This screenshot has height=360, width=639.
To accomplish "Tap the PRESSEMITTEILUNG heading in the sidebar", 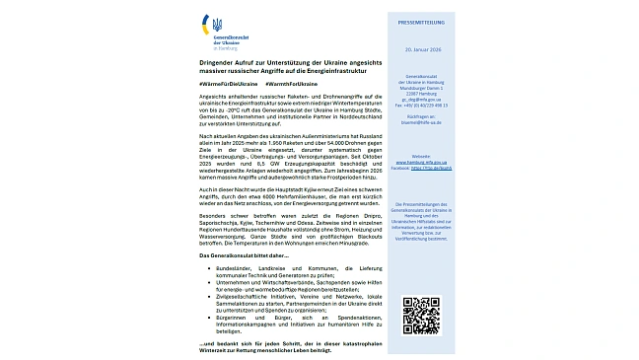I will (422, 20).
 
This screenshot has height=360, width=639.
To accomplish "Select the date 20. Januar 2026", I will (422, 46).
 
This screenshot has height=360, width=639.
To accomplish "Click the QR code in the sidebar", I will (421, 315).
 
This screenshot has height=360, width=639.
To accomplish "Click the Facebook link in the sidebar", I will (422, 167).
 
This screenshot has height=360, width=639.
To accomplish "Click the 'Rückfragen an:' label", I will (422, 117).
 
